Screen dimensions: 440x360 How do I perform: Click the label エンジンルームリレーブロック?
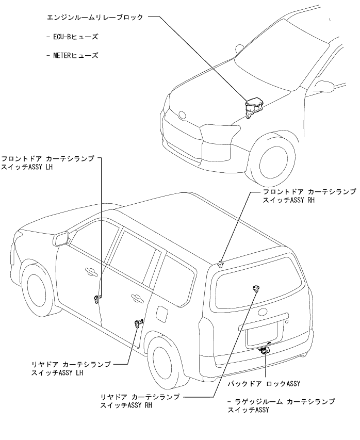[x=96, y=17]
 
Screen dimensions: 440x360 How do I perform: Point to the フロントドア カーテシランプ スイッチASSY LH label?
[x=48, y=163]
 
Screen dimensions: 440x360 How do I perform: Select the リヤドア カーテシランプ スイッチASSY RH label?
[x=140, y=401]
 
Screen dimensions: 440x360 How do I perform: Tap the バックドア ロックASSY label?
[x=264, y=383]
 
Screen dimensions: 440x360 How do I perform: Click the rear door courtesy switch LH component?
[x=138, y=323]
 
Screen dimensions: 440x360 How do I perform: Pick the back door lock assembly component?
[x=265, y=351]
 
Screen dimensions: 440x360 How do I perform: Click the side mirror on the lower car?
[x=63, y=238]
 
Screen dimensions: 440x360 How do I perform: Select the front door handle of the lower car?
[x=89, y=272]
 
